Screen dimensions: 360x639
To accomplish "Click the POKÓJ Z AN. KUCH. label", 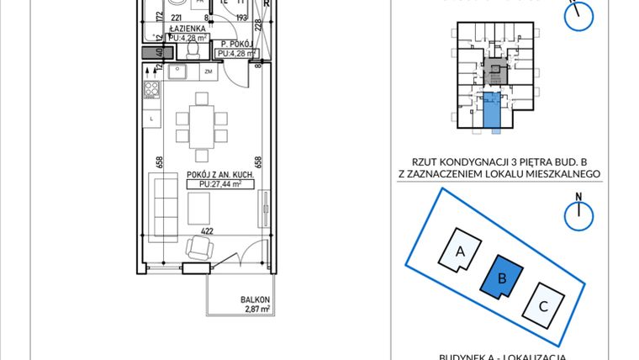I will coord(214,174).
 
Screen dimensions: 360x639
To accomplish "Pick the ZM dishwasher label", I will coord(209,72).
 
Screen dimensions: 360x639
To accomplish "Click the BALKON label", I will coord(255,300).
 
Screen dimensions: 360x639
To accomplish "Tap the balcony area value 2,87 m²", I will coord(256,310).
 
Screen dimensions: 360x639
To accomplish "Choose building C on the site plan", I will coord(543,306).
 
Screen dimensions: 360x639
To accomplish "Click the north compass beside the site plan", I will coord(579,214).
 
